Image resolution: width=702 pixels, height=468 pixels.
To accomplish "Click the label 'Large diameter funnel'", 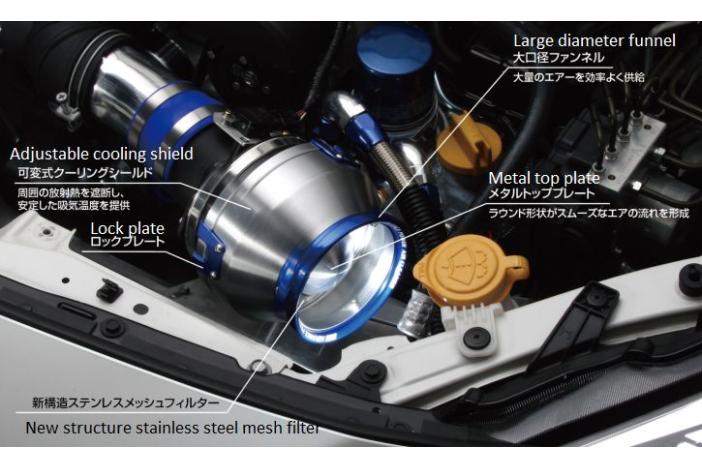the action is point(594,41).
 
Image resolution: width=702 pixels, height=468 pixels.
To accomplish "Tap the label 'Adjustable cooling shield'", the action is point(101,154).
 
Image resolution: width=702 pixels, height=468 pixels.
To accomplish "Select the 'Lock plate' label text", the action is point(128,228).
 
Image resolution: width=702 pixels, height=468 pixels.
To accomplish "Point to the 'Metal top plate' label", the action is point(544,178).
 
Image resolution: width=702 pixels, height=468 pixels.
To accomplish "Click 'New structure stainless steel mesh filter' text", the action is point(173,428).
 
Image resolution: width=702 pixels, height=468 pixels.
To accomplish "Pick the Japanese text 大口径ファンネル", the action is point(558,57).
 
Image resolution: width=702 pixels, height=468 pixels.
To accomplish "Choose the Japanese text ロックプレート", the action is point(128,242).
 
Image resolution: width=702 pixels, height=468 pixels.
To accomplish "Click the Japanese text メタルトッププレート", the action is point(542,194).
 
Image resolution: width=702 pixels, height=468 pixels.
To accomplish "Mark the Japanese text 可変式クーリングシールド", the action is point(86,173).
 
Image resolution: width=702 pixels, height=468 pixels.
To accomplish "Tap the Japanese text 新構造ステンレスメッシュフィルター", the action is point(126,403).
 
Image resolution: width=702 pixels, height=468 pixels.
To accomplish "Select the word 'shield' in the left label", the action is point(172,154).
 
